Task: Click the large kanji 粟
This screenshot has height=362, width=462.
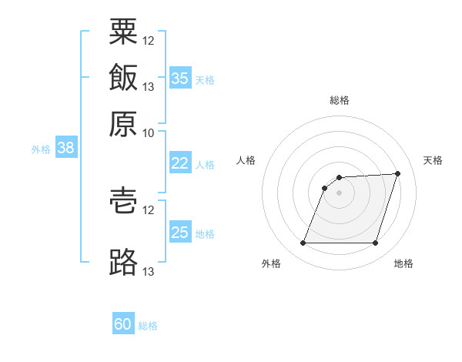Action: tap(123, 32)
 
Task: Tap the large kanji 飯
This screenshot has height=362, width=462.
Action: tap(123, 77)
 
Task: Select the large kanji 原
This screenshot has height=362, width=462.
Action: tap(123, 124)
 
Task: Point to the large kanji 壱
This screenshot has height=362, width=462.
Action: tap(123, 200)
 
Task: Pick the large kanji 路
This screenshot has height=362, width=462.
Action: tap(123, 262)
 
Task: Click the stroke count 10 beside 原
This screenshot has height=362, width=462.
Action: tap(148, 133)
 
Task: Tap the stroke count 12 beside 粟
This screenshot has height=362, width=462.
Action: tap(148, 41)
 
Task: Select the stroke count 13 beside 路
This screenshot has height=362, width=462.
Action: tap(148, 271)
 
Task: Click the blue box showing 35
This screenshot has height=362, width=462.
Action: tap(181, 78)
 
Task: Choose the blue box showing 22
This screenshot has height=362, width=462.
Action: tap(181, 163)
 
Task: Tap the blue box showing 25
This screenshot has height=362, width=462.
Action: tap(181, 231)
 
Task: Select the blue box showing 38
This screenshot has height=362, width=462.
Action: tap(66, 147)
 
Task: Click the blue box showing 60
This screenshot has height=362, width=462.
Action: tap(123, 323)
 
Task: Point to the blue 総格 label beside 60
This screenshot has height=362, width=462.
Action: tap(148, 326)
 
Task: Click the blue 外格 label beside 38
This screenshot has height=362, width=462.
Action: tap(41, 149)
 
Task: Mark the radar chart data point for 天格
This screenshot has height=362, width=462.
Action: tap(397, 173)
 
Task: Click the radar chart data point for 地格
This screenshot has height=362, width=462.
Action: tap(375, 243)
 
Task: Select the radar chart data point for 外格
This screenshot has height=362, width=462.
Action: tap(303, 243)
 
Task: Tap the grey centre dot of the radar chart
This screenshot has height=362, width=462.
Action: tap(339, 193)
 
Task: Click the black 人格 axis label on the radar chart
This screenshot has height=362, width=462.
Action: tap(246, 160)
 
